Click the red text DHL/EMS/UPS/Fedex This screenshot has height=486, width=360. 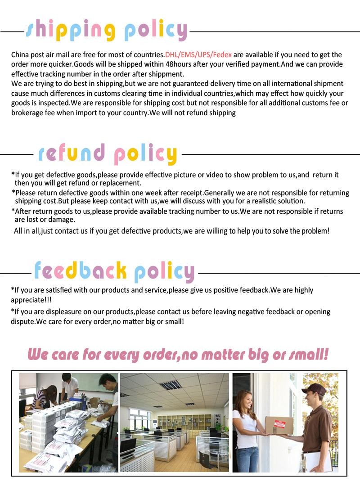[198, 55]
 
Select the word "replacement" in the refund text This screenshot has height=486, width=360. [121, 183]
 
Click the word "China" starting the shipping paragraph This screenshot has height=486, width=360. [20, 55]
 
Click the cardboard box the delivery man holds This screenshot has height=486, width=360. [279, 425]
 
